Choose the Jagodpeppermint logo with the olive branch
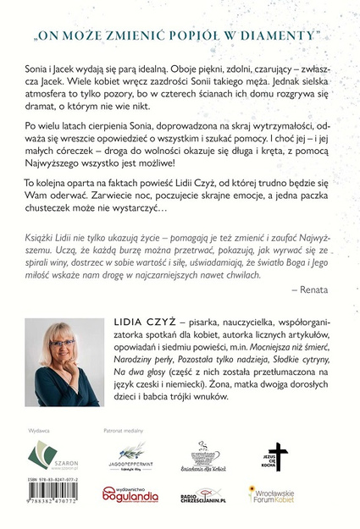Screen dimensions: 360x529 126,460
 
